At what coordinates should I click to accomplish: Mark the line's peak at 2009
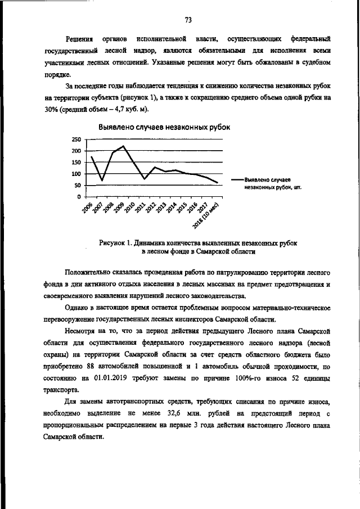123,146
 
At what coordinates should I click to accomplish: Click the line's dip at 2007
102,180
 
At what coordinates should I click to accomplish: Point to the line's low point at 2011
145,179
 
